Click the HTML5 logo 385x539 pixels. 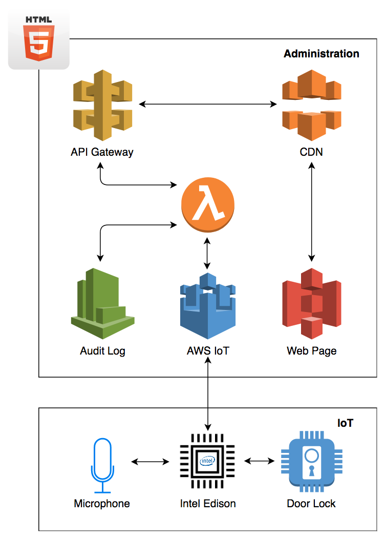pos(39,39)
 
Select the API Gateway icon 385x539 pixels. pos(102,105)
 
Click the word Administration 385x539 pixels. pos(322,54)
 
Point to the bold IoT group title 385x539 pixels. pos(345,423)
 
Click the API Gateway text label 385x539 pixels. pos(102,152)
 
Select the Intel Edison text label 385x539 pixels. pos(208,504)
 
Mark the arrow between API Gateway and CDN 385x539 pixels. pos(208,105)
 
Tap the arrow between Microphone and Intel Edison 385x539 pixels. pos(150,462)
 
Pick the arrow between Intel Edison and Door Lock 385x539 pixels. pos(259,461)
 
